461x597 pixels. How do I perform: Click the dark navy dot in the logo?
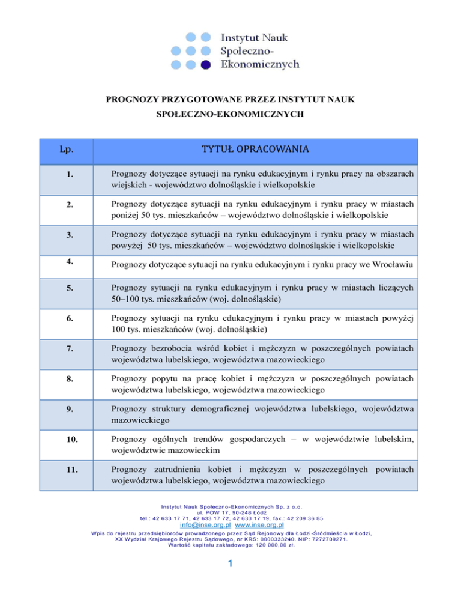click(x=205, y=64)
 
